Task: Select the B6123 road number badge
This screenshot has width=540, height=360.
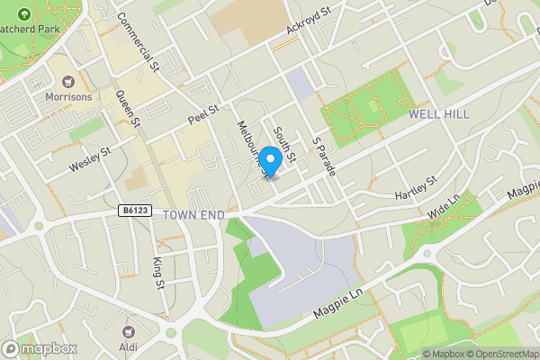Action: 133,211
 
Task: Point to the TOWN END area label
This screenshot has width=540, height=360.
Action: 193,215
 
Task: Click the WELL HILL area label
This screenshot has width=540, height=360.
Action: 438,114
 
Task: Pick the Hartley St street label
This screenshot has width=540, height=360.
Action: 415,188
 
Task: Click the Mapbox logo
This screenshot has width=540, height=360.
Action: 39,348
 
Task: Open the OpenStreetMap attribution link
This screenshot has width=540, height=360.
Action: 499,354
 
